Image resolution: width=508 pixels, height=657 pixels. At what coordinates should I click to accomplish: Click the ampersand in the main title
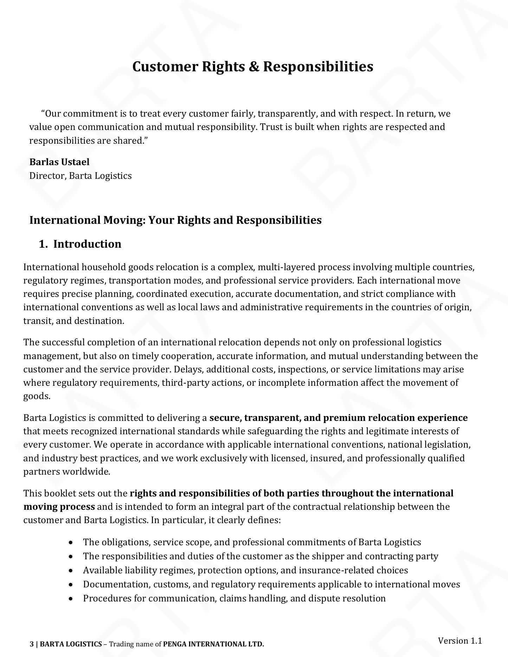click(x=253, y=66)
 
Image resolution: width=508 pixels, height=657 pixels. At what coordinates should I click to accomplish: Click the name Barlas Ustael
click(x=59, y=162)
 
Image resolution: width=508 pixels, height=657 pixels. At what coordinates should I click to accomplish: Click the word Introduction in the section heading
click(x=87, y=244)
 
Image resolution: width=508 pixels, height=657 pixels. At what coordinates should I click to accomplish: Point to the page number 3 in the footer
click(x=32, y=644)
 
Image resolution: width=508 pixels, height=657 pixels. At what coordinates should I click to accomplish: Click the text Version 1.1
click(x=459, y=640)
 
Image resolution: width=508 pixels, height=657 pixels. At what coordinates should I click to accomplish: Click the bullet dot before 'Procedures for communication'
click(x=72, y=599)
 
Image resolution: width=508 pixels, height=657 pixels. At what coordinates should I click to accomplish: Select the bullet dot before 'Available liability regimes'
click(x=72, y=571)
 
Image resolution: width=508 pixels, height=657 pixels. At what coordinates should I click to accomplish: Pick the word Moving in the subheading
click(x=124, y=220)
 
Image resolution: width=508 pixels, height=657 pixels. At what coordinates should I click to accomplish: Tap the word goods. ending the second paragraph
click(x=37, y=396)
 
